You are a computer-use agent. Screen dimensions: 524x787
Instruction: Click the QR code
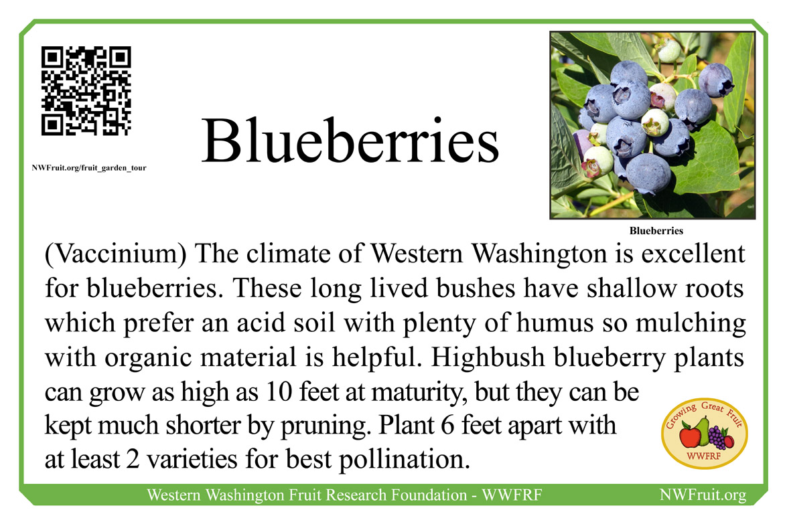[x=86, y=91]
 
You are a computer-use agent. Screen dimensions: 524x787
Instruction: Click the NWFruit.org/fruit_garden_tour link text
[x=89, y=168]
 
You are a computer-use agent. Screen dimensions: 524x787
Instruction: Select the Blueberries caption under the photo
[x=656, y=231]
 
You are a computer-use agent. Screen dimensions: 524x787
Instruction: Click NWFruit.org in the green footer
[x=703, y=495]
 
